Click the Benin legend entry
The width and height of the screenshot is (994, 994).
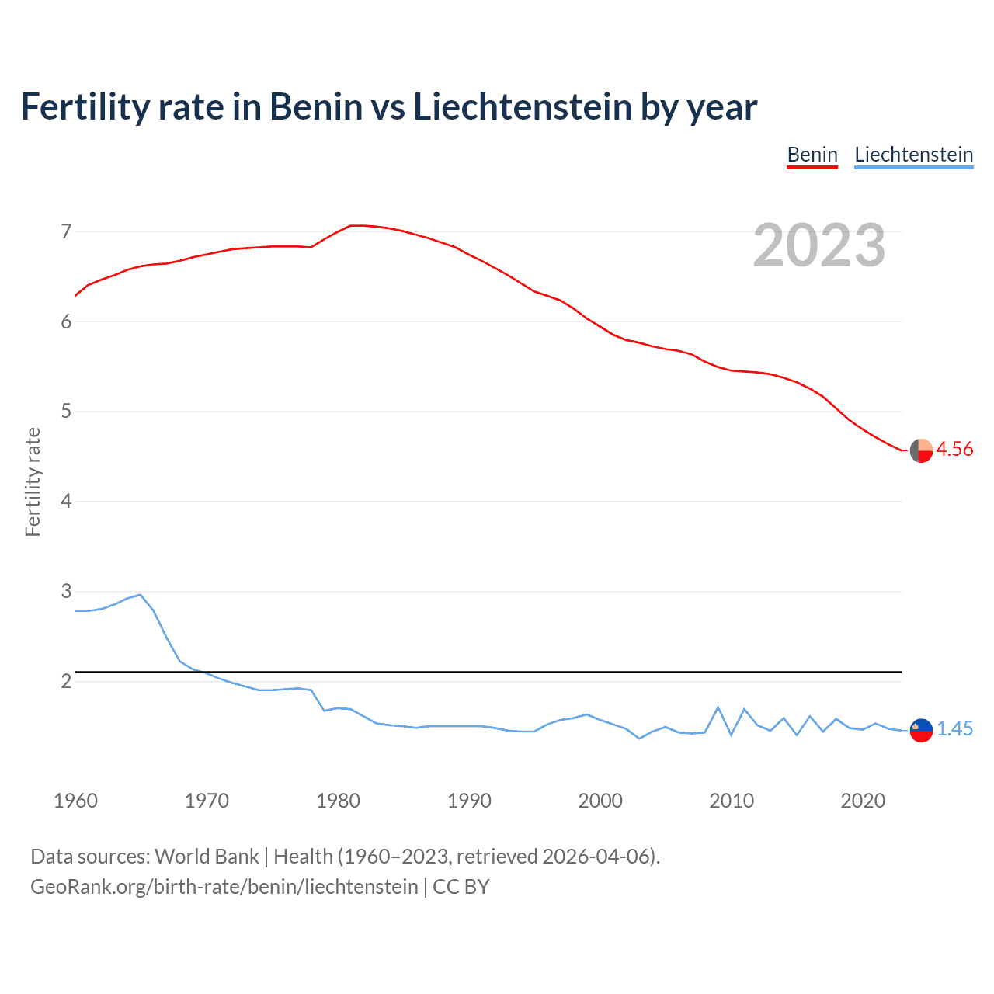tap(812, 155)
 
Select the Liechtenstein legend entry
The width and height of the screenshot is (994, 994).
tap(913, 155)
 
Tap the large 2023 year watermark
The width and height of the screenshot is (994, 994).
tap(818, 245)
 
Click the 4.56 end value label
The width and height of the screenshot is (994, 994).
tap(954, 449)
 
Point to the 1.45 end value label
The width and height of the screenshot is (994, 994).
tap(954, 728)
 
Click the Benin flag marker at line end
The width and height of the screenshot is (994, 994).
tap(921, 450)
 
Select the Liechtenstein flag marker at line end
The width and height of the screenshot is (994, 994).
tap(921, 730)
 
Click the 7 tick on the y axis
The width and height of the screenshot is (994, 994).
tap(66, 231)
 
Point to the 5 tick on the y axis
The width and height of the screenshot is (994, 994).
tap(66, 411)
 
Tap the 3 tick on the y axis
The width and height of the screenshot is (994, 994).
tap(66, 591)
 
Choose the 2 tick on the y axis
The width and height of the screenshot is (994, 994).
tap(66, 681)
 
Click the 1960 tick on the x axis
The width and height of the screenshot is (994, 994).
tap(75, 801)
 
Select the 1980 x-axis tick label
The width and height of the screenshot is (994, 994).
tap(338, 801)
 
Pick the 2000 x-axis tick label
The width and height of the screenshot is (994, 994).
tap(600, 801)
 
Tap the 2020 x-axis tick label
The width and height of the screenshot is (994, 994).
tap(863, 801)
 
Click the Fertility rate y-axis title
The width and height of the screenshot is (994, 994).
tap(33, 481)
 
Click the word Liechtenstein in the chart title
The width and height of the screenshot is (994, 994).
tap(522, 106)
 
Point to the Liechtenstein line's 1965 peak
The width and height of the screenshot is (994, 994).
tap(140, 595)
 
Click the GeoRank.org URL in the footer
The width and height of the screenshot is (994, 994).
tap(224, 887)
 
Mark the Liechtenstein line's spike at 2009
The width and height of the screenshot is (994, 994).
tap(718, 707)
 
